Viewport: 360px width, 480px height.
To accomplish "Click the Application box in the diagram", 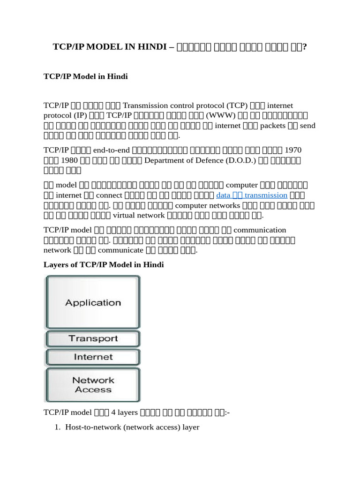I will (x=93, y=302).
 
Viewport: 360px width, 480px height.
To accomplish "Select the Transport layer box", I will (x=93, y=338).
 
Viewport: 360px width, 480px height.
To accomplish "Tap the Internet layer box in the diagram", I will (x=93, y=357).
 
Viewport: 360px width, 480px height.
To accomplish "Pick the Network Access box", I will (x=93, y=385).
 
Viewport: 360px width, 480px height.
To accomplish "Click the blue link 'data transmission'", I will (x=251, y=195).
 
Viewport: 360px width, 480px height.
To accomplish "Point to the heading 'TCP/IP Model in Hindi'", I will (x=85, y=76).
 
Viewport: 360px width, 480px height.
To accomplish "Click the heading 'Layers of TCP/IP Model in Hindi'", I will (x=104, y=265).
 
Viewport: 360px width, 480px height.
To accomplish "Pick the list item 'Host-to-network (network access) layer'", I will (x=133, y=427).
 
